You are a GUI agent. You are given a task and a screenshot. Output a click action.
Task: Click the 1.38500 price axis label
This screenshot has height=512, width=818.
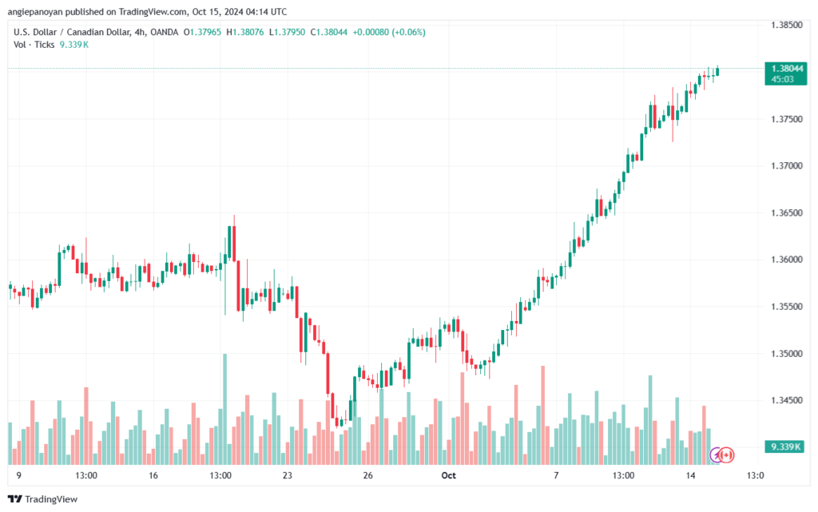point(787,25)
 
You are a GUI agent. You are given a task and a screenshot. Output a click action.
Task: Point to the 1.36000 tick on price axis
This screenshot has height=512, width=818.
point(787,260)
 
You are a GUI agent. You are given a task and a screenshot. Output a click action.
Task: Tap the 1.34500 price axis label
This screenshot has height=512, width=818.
point(787,400)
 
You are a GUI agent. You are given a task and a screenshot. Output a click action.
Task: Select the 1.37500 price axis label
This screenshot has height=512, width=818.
point(787,119)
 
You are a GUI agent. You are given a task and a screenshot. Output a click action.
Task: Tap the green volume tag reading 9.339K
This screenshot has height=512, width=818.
point(785,447)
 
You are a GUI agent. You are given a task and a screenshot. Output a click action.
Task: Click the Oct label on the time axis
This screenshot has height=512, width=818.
point(449,475)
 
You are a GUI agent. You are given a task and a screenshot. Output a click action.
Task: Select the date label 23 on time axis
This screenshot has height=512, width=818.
point(288,475)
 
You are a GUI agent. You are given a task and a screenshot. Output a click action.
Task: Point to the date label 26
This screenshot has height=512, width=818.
point(367,475)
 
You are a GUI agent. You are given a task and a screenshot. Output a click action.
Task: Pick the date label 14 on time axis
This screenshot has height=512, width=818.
point(690,475)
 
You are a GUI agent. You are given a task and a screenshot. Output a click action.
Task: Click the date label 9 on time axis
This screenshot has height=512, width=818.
point(19,475)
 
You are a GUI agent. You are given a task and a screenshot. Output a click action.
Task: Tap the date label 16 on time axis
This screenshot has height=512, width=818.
point(153,475)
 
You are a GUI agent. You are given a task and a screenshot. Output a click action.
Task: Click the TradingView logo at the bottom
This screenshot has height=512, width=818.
point(43,499)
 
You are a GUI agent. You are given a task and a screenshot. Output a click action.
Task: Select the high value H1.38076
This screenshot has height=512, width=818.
point(244,32)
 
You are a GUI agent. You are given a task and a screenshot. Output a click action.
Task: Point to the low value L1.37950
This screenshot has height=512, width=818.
point(287,32)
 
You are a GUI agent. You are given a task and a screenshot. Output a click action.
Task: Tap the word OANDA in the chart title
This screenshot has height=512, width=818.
point(165,32)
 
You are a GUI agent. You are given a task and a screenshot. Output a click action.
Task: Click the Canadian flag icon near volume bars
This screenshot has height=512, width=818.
point(726,455)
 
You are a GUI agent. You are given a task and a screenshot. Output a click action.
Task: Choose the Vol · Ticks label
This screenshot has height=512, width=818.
point(34,45)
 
